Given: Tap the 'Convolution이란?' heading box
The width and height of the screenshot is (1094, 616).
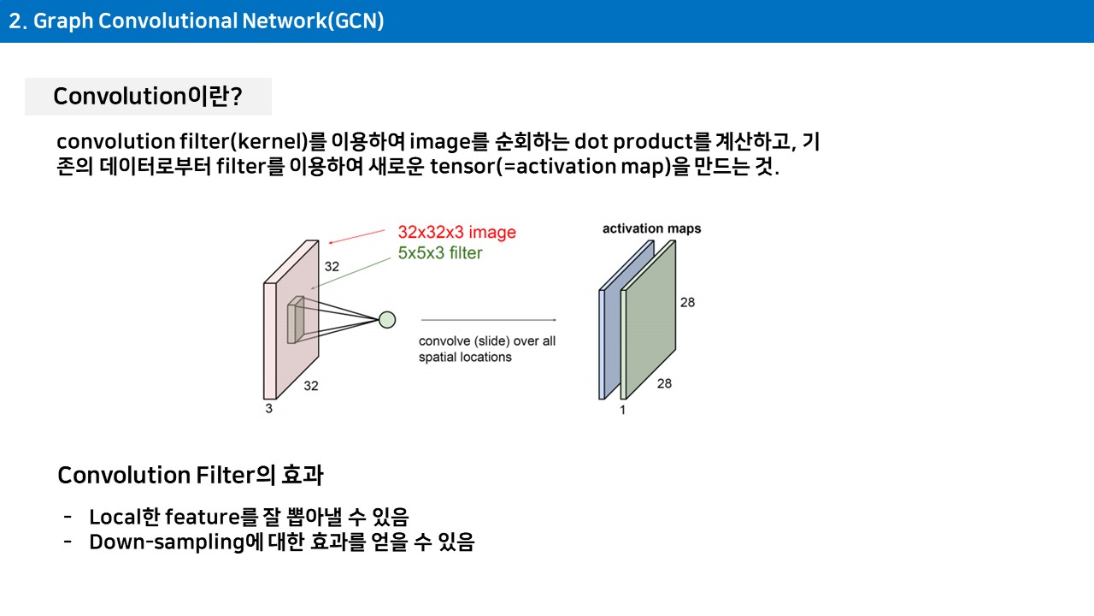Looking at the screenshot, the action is point(148,97).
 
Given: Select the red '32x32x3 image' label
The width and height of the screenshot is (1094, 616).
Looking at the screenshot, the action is point(456,232).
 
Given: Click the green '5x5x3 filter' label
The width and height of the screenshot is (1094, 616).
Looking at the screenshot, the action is point(440,252).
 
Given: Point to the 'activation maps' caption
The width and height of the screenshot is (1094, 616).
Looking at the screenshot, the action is point(651,228).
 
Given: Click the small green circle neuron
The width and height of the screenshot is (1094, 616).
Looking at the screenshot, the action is point(387,320).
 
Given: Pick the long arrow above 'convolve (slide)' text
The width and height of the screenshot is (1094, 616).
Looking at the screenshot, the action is point(488,320).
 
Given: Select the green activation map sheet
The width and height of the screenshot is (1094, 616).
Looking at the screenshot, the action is point(648,320).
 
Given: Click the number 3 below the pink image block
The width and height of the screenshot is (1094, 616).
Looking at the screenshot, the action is point(268,408).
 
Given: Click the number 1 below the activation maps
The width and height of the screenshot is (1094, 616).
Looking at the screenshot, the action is point(623,410).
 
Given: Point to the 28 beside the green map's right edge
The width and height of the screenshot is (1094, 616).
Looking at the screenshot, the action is point(688,302).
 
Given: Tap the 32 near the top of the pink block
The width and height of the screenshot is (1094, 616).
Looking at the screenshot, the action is point(332,266).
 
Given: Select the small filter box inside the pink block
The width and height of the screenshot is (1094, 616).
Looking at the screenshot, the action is point(296,320).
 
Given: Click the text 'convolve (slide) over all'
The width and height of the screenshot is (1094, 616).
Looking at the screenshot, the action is point(487,341).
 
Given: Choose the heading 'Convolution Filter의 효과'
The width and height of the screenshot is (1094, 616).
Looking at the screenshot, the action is point(190,475).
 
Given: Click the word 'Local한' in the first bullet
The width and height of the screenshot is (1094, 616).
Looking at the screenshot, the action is point(125,516).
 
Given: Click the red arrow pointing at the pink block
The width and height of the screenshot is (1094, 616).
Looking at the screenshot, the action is point(356,237).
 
